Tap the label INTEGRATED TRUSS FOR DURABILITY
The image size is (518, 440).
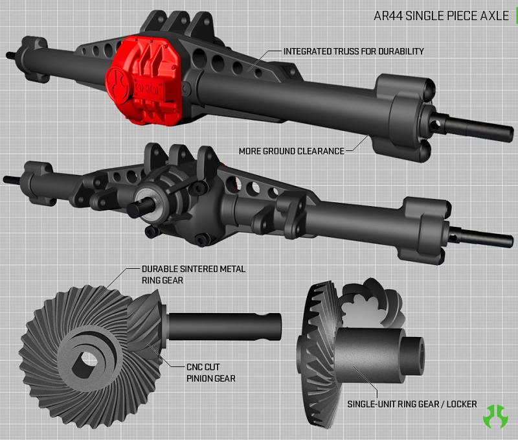point(354,51)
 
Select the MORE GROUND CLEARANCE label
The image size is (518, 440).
point(291,150)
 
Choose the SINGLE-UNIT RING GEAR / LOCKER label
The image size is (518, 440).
point(412,404)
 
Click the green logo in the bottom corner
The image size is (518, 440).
point(496,415)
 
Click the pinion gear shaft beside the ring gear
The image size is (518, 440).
point(227,325)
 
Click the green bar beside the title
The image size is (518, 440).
point(515,16)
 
